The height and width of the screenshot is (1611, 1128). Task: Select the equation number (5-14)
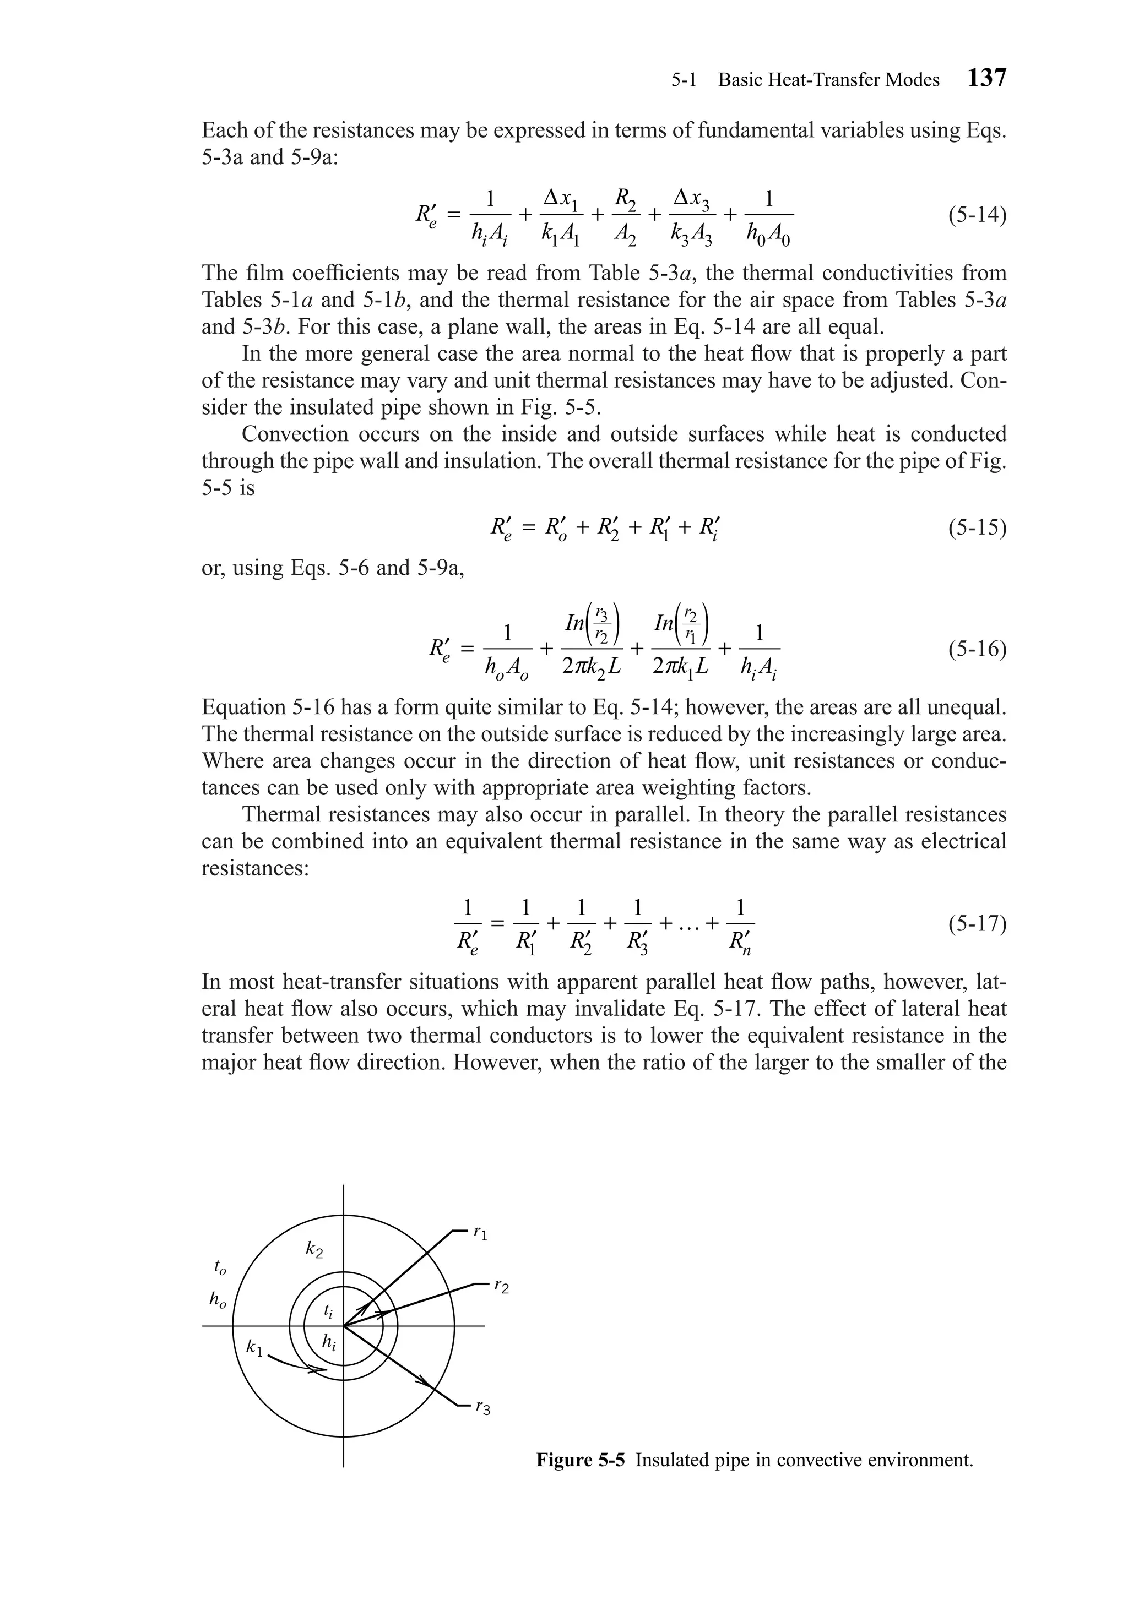[x=977, y=215]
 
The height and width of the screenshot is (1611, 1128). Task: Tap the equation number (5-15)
[x=977, y=527]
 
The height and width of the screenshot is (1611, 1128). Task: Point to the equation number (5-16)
[x=977, y=650]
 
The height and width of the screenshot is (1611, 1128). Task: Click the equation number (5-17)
[x=977, y=923]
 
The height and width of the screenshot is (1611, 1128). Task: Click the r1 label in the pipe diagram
[x=480, y=1232]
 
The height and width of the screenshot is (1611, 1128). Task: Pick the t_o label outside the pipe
[x=220, y=1267]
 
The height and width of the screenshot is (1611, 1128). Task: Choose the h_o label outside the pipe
[x=218, y=1300]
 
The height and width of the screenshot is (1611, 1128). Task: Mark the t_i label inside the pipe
[x=328, y=1309]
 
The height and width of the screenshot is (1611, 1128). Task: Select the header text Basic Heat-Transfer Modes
[x=828, y=80]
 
